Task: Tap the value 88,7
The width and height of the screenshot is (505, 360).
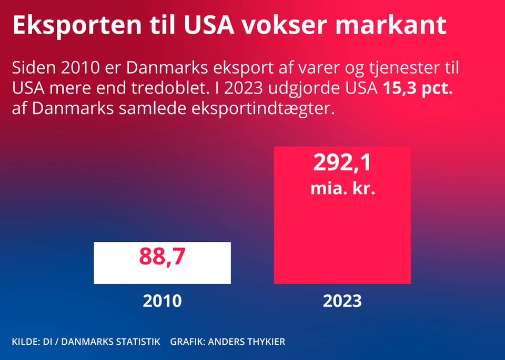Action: pyautogui.click(x=162, y=256)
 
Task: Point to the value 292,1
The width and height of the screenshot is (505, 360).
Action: pyautogui.click(x=342, y=163)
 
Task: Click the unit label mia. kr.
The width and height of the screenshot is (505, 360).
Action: pyautogui.click(x=342, y=189)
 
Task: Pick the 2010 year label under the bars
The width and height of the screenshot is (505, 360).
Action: pyautogui.click(x=162, y=301)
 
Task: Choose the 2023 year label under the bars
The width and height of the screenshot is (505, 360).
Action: pyautogui.click(x=342, y=301)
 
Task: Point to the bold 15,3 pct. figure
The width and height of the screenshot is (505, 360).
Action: pyautogui.click(x=416, y=88)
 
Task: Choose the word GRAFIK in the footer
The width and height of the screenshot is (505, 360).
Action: pyautogui.click(x=187, y=342)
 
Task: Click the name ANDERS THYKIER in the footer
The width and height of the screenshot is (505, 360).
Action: pyautogui.click(x=247, y=342)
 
